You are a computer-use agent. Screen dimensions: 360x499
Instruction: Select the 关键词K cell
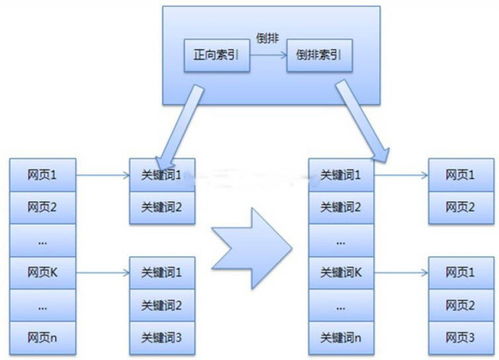[x=340, y=271]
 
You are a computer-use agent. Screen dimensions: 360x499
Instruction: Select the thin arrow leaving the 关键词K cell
[x=401, y=271]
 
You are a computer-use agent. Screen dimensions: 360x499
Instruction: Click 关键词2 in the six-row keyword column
[x=340, y=207]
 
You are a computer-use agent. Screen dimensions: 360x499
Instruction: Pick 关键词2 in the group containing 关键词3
[x=167, y=303]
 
